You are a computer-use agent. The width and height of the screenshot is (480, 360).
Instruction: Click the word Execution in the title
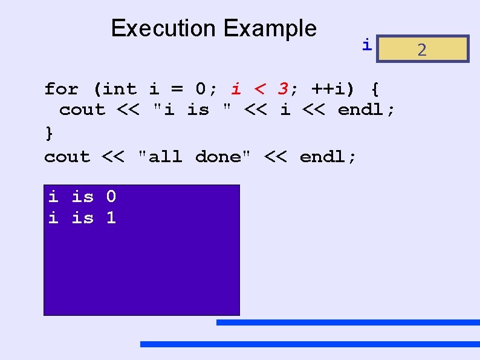(163, 28)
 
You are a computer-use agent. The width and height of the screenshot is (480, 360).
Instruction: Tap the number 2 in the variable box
(422, 50)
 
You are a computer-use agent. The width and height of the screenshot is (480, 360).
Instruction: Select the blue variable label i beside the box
(366, 44)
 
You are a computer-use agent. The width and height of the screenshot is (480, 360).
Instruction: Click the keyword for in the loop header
(61, 90)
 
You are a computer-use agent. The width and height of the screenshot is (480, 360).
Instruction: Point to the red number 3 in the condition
(282, 90)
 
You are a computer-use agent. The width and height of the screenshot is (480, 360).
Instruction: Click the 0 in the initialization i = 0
(202, 90)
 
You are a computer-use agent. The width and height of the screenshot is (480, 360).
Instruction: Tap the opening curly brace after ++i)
(375, 90)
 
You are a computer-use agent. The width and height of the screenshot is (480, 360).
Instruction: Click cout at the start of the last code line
(67, 157)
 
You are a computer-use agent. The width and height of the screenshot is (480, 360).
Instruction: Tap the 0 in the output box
(111, 197)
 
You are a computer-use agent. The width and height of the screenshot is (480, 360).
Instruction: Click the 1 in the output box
(111, 218)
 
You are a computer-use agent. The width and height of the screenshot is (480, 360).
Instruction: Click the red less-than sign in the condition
(259, 90)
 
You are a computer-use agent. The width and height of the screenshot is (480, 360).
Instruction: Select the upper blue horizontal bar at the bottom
(348, 322)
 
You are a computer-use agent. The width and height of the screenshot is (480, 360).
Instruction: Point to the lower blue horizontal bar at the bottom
(310, 344)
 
